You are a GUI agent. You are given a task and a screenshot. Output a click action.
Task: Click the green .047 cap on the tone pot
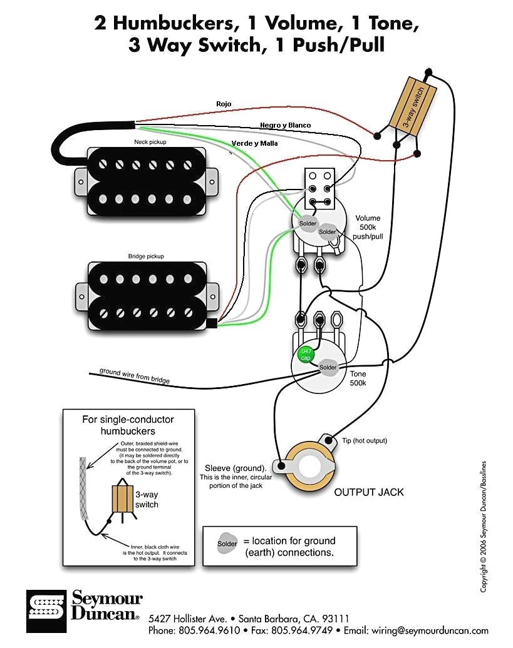pyautogui.click(x=305, y=354)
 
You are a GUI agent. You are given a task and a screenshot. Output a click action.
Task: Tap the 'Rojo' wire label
pyautogui.click(x=224, y=103)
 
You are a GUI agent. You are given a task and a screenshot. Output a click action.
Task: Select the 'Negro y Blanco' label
pyautogui.click(x=285, y=125)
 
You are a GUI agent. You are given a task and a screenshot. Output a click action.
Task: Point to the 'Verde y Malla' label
pyautogui.click(x=254, y=143)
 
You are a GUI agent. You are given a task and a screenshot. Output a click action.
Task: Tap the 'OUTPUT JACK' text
pyautogui.click(x=368, y=492)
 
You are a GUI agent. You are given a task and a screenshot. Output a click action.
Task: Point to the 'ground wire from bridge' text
pyautogui.click(x=134, y=376)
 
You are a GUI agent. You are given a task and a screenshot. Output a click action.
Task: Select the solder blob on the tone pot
pyautogui.click(x=328, y=367)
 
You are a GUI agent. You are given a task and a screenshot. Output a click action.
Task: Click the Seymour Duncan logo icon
pyautogui.click(x=46, y=610)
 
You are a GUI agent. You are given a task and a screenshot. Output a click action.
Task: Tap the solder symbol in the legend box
pyautogui.click(x=227, y=544)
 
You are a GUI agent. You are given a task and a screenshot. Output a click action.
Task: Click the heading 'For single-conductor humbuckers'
pyautogui.click(x=128, y=425)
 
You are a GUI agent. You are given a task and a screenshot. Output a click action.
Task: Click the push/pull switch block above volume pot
pyautogui.click(x=319, y=188)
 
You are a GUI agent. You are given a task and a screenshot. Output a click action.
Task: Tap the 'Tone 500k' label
pyautogui.click(x=358, y=377)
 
